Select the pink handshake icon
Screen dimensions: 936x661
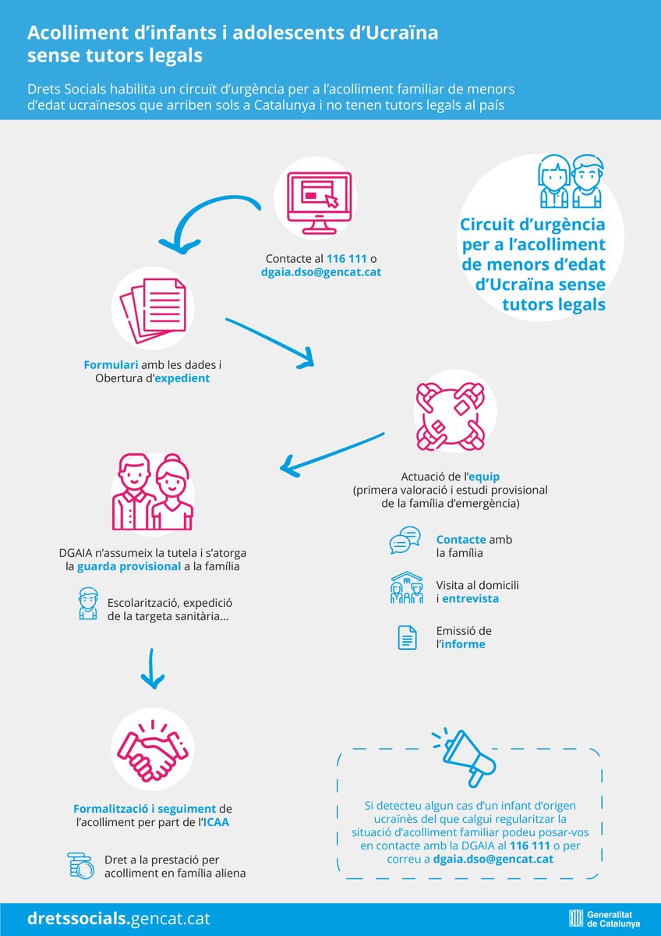pos(153,748)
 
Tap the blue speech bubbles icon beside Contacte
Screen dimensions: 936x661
pos(405,541)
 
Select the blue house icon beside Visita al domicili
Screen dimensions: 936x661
pos(406,588)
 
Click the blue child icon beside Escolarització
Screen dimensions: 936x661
pos(88,603)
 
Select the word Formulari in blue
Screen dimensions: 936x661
pos(111,364)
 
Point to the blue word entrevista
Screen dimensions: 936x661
pos(470,598)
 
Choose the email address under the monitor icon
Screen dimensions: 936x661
pos(321,272)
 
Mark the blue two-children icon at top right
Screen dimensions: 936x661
pos(571,181)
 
